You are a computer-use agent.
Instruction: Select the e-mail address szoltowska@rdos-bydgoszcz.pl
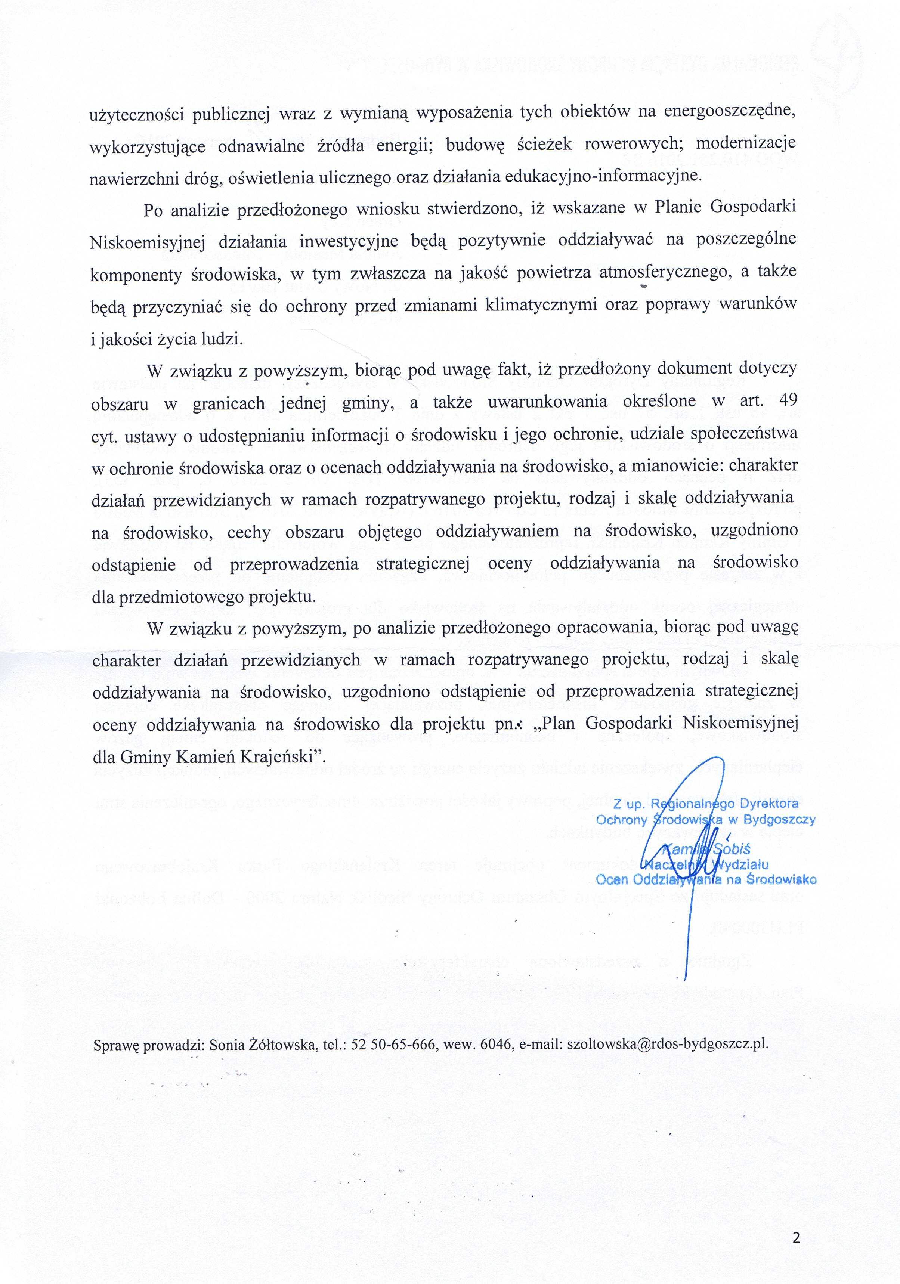click(x=667, y=1044)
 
